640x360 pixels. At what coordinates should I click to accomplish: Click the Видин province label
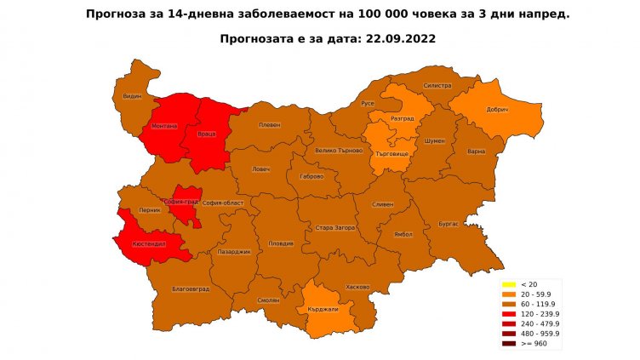click(x=132, y=97)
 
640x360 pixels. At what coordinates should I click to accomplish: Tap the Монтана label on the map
click(x=164, y=126)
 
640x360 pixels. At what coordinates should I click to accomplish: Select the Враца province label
click(x=207, y=134)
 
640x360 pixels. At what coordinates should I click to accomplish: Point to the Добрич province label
click(x=497, y=111)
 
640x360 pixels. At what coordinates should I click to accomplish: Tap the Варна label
click(x=477, y=151)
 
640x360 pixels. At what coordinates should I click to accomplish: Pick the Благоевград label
click(x=191, y=289)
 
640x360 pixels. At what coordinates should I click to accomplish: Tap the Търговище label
click(x=393, y=155)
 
